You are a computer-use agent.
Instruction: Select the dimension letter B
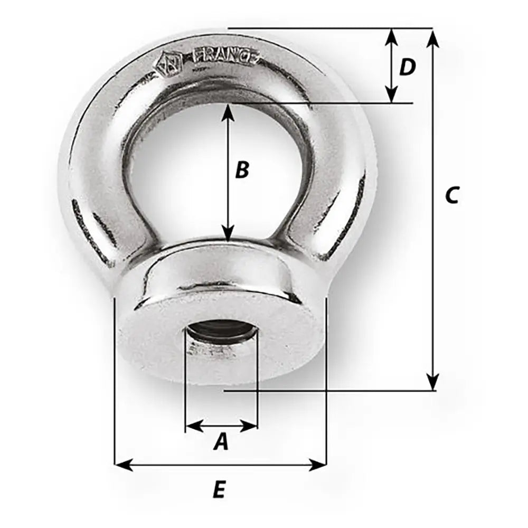pyautogui.click(x=241, y=170)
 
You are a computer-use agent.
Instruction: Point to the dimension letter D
pyautogui.click(x=407, y=67)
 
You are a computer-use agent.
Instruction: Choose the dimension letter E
pyautogui.click(x=219, y=491)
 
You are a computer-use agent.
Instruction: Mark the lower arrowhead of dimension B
pyautogui.click(x=228, y=234)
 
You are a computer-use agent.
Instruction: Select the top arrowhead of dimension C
pyautogui.click(x=433, y=37)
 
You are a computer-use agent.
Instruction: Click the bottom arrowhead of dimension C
pyautogui.click(x=433, y=382)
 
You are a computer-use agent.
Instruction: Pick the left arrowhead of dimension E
pyautogui.click(x=122, y=465)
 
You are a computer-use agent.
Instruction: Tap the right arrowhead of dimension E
pyautogui.click(x=318, y=465)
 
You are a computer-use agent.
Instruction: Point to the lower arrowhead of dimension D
pyautogui.click(x=391, y=95)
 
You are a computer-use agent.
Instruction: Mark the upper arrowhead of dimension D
pyautogui.click(x=391, y=36)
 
